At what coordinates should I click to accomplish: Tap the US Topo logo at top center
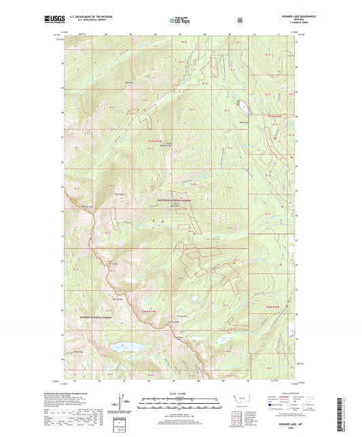coord(180,21)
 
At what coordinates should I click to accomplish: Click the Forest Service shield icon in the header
coord(239,20)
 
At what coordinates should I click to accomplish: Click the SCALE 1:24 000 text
coord(181,394)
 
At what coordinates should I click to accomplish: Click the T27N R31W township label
coord(154,140)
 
